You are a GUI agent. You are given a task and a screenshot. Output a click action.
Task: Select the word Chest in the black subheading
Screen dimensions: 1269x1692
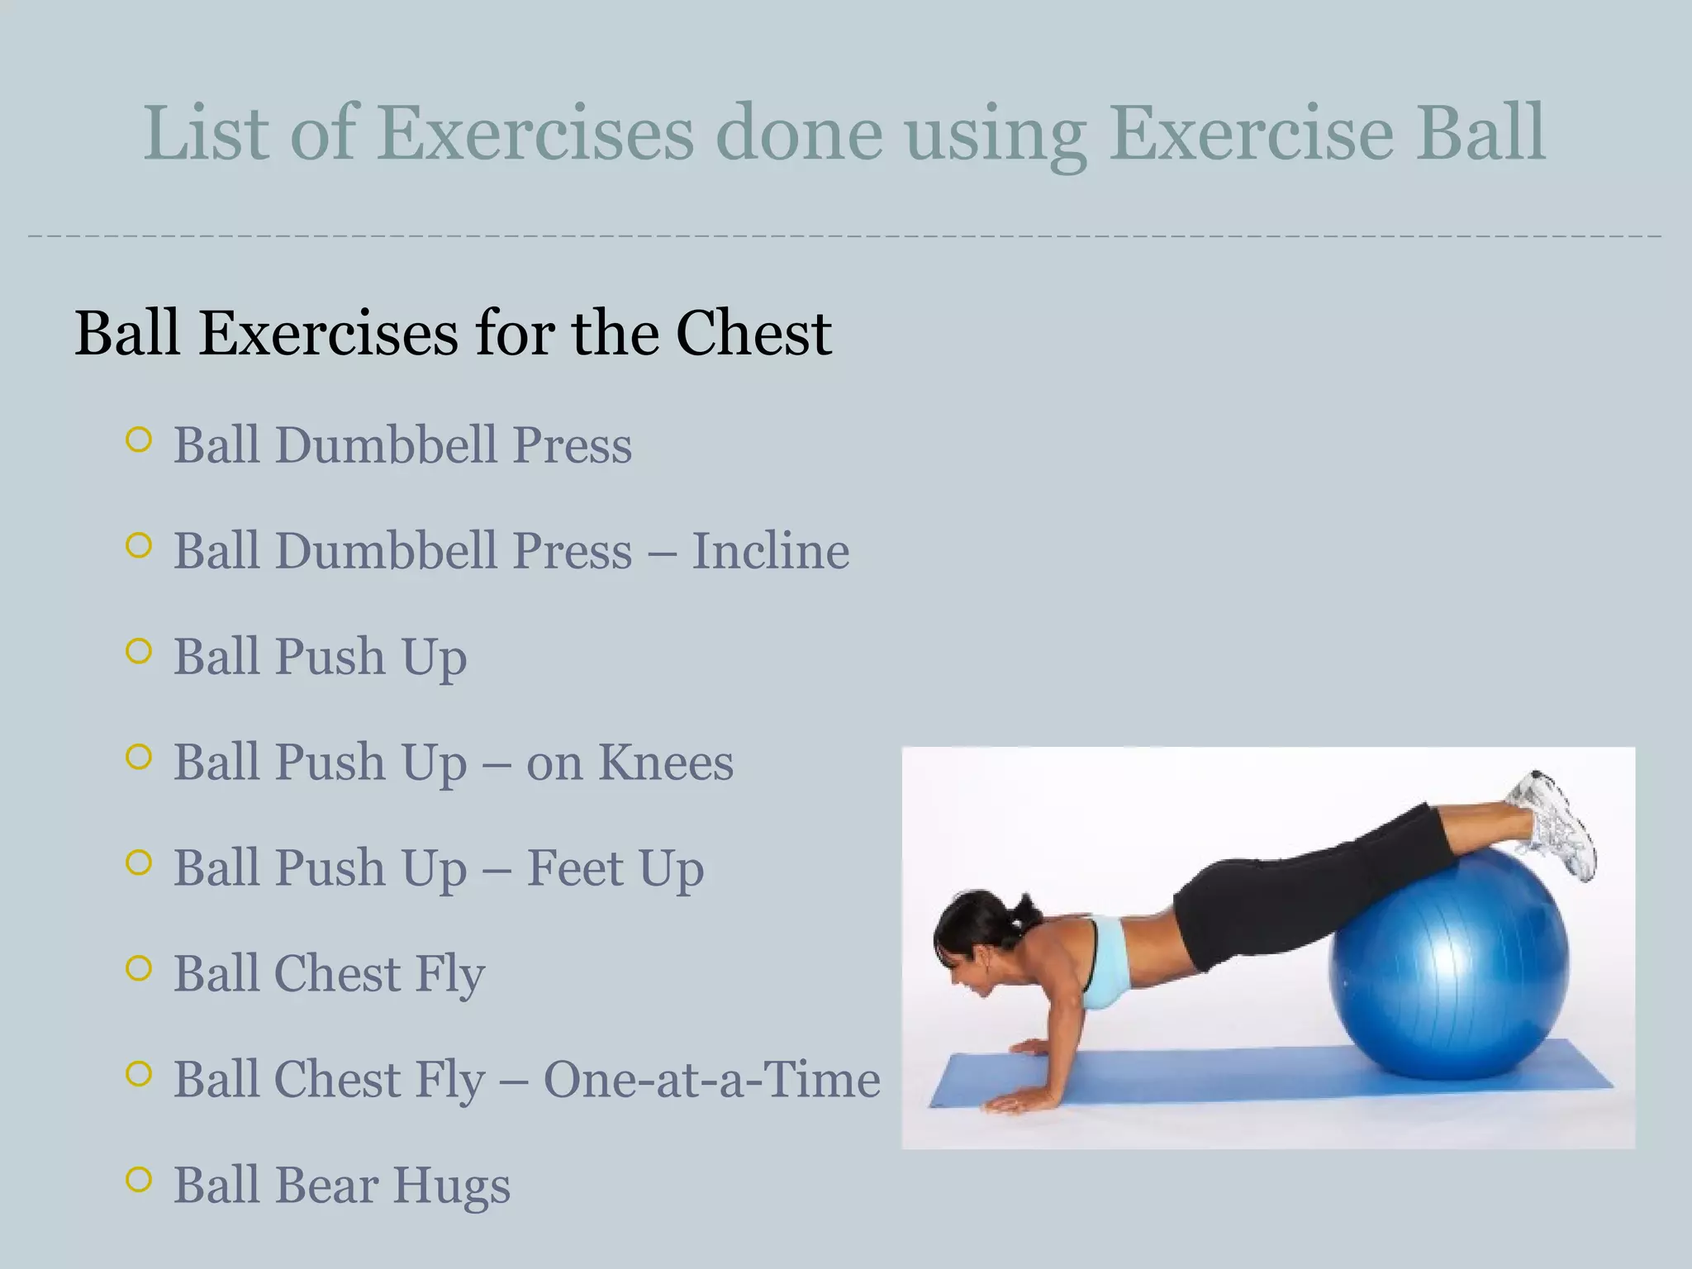coord(753,333)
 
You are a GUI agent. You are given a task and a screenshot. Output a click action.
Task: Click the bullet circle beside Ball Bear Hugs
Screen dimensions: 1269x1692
coord(140,1179)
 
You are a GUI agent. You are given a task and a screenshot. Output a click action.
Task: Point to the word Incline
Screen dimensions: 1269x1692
coord(770,551)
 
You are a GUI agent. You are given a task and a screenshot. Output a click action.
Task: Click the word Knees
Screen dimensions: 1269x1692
coord(665,762)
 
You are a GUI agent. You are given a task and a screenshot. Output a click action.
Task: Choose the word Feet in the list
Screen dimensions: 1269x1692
coord(575,867)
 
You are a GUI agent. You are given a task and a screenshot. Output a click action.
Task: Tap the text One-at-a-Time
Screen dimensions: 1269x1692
coord(712,1079)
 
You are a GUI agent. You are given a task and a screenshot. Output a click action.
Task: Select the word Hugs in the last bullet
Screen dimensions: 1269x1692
coord(451,1186)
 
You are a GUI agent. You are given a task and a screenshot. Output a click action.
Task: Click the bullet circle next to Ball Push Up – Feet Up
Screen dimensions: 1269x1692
coord(140,863)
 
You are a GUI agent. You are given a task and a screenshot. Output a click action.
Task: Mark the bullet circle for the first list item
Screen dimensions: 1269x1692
coord(140,440)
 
